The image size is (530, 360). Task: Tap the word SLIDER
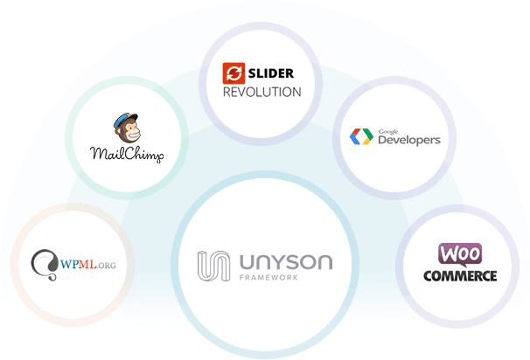coord(270,73)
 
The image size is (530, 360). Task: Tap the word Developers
coord(408,140)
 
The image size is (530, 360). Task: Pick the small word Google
coord(386,130)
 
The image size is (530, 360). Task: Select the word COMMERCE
coord(460,275)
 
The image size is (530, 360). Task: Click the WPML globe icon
coord(43,263)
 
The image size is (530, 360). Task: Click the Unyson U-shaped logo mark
coord(211,265)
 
